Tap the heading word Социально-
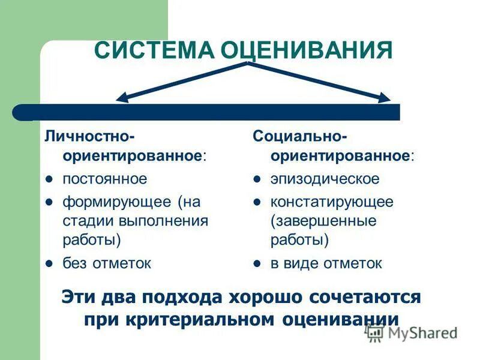click(x=299, y=135)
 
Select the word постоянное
click(x=105, y=179)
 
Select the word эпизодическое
click(x=325, y=179)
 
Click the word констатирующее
click(x=332, y=201)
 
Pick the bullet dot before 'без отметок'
click(x=49, y=263)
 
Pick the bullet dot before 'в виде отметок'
click(x=256, y=263)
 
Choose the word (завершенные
click(x=323, y=221)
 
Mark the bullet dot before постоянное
click(x=49, y=179)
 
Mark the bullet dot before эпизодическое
click(x=256, y=179)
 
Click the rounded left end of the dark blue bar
click(x=21, y=112)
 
